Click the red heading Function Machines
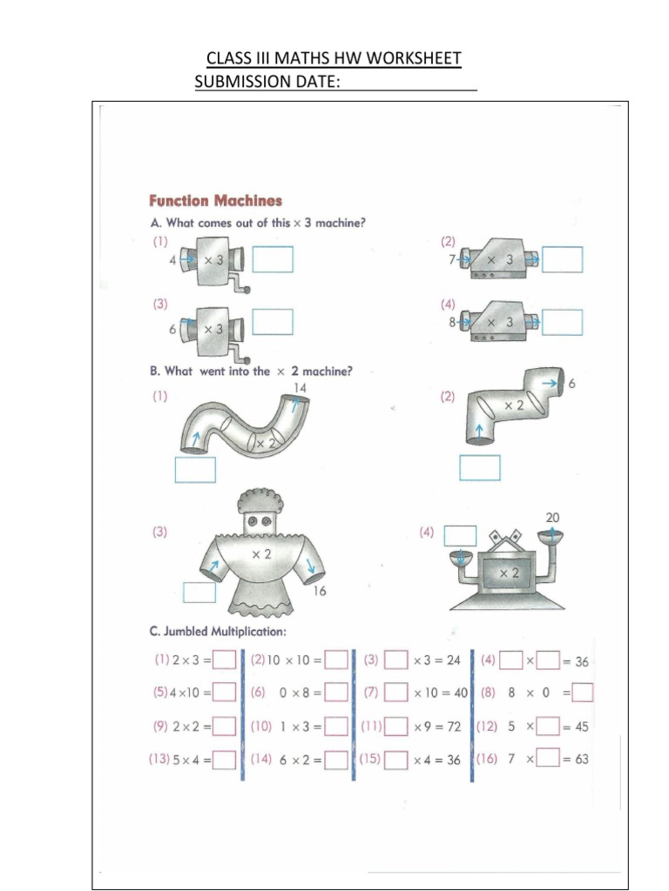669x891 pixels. [x=215, y=201]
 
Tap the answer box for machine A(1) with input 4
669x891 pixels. [x=274, y=259]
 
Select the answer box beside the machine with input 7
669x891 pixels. [x=562, y=259]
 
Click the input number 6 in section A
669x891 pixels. [x=172, y=331]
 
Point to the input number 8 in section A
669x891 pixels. [x=452, y=321]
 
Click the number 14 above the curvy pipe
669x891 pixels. [x=300, y=386]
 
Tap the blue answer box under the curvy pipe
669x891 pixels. [x=195, y=469]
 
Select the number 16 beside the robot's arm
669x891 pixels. [x=321, y=592]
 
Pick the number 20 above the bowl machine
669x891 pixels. [x=552, y=517]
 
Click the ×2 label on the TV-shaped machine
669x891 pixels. [x=508, y=573]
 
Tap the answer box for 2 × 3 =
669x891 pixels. [x=225, y=661]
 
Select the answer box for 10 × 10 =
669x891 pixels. [x=337, y=661]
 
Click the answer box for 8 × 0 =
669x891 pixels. [x=583, y=693]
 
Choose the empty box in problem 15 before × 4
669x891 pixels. [x=396, y=760]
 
